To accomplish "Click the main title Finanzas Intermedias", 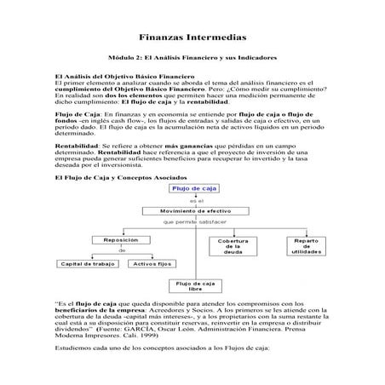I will pyautogui.click(x=192, y=38).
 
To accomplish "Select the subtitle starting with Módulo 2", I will pyautogui.click(x=192, y=56).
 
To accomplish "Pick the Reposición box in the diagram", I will pyautogui.click(x=121, y=240).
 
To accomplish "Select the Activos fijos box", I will pyautogui.click(x=152, y=264).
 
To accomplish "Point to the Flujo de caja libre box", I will pyautogui.click(x=194, y=285).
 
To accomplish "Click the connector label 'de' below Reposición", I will pyautogui.click(x=122, y=252).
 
